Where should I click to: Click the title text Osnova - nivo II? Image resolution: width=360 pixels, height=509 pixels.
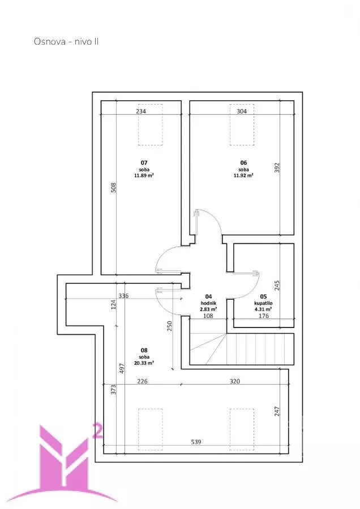pyautogui.click(x=66, y=41)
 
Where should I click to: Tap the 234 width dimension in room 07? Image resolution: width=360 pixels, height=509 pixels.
pyautogui.click(x=141, y=111)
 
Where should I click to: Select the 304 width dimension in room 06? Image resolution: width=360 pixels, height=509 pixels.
pyautogui.click(x=241, y=111)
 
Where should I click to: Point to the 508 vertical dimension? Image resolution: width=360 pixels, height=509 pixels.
pyautogui.click(x=113, y=188)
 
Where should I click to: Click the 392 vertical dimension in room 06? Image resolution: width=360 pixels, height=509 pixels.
pyautogui.click(x=277, y=167)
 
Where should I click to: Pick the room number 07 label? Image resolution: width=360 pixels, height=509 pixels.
pyautogui.click(x=144, y=163)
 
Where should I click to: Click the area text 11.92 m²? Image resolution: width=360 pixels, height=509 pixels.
pyautogui.click(x=243, y=175)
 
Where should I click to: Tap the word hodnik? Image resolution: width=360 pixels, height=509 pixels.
pyautogui.click(x=208, y=303)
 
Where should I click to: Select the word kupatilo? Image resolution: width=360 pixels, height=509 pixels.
pyautogui.click(x=263, y=303)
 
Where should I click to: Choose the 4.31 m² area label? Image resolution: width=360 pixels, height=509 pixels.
pyautogui.click(x=263, y=309)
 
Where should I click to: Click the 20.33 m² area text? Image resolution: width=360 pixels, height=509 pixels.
pyautogui.click(x=144, y=363)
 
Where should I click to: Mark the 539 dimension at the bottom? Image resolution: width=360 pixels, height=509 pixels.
pyautogui.click(x=196, y=442)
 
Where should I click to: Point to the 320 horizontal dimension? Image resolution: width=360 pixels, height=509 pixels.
pyautogui.click(x=234, y=381)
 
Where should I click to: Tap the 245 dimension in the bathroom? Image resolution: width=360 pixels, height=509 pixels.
pyautogui.click(x=277, y=286)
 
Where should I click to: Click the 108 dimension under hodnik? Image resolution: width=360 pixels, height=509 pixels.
pyautogui.click(x=208, y=316)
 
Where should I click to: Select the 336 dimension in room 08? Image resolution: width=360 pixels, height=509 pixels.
pyautogui.click(x=123, y=296)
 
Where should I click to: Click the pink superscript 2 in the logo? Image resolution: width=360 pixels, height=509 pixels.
pyautogui.click(x=98, y=431)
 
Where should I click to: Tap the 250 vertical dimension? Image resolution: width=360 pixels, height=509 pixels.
pyautogui.click(x=169, y=326)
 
